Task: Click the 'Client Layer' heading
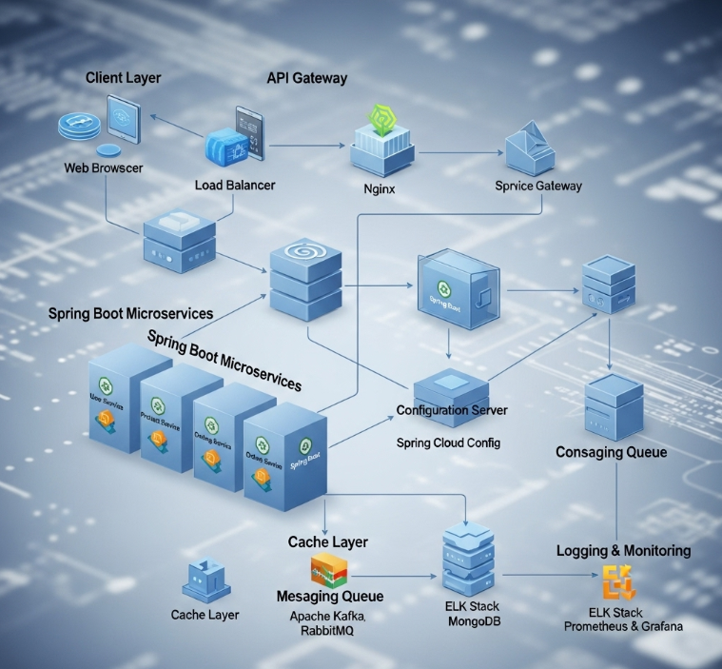(124, 77)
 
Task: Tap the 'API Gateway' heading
(306, 78)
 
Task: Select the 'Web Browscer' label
(104, 167)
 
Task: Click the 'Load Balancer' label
(235, 185)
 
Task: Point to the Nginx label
(380, 188)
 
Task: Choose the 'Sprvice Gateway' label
(538, 186)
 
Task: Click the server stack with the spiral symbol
(305, 280)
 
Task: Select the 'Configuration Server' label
(451, 410)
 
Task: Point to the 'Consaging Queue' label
(611, 452)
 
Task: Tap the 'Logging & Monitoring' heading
(623, 550)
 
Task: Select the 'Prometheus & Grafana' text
(623, 626)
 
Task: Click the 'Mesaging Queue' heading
(329, 596)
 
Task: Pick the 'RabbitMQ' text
(327, 630)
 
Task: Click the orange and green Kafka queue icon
(329, 569)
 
